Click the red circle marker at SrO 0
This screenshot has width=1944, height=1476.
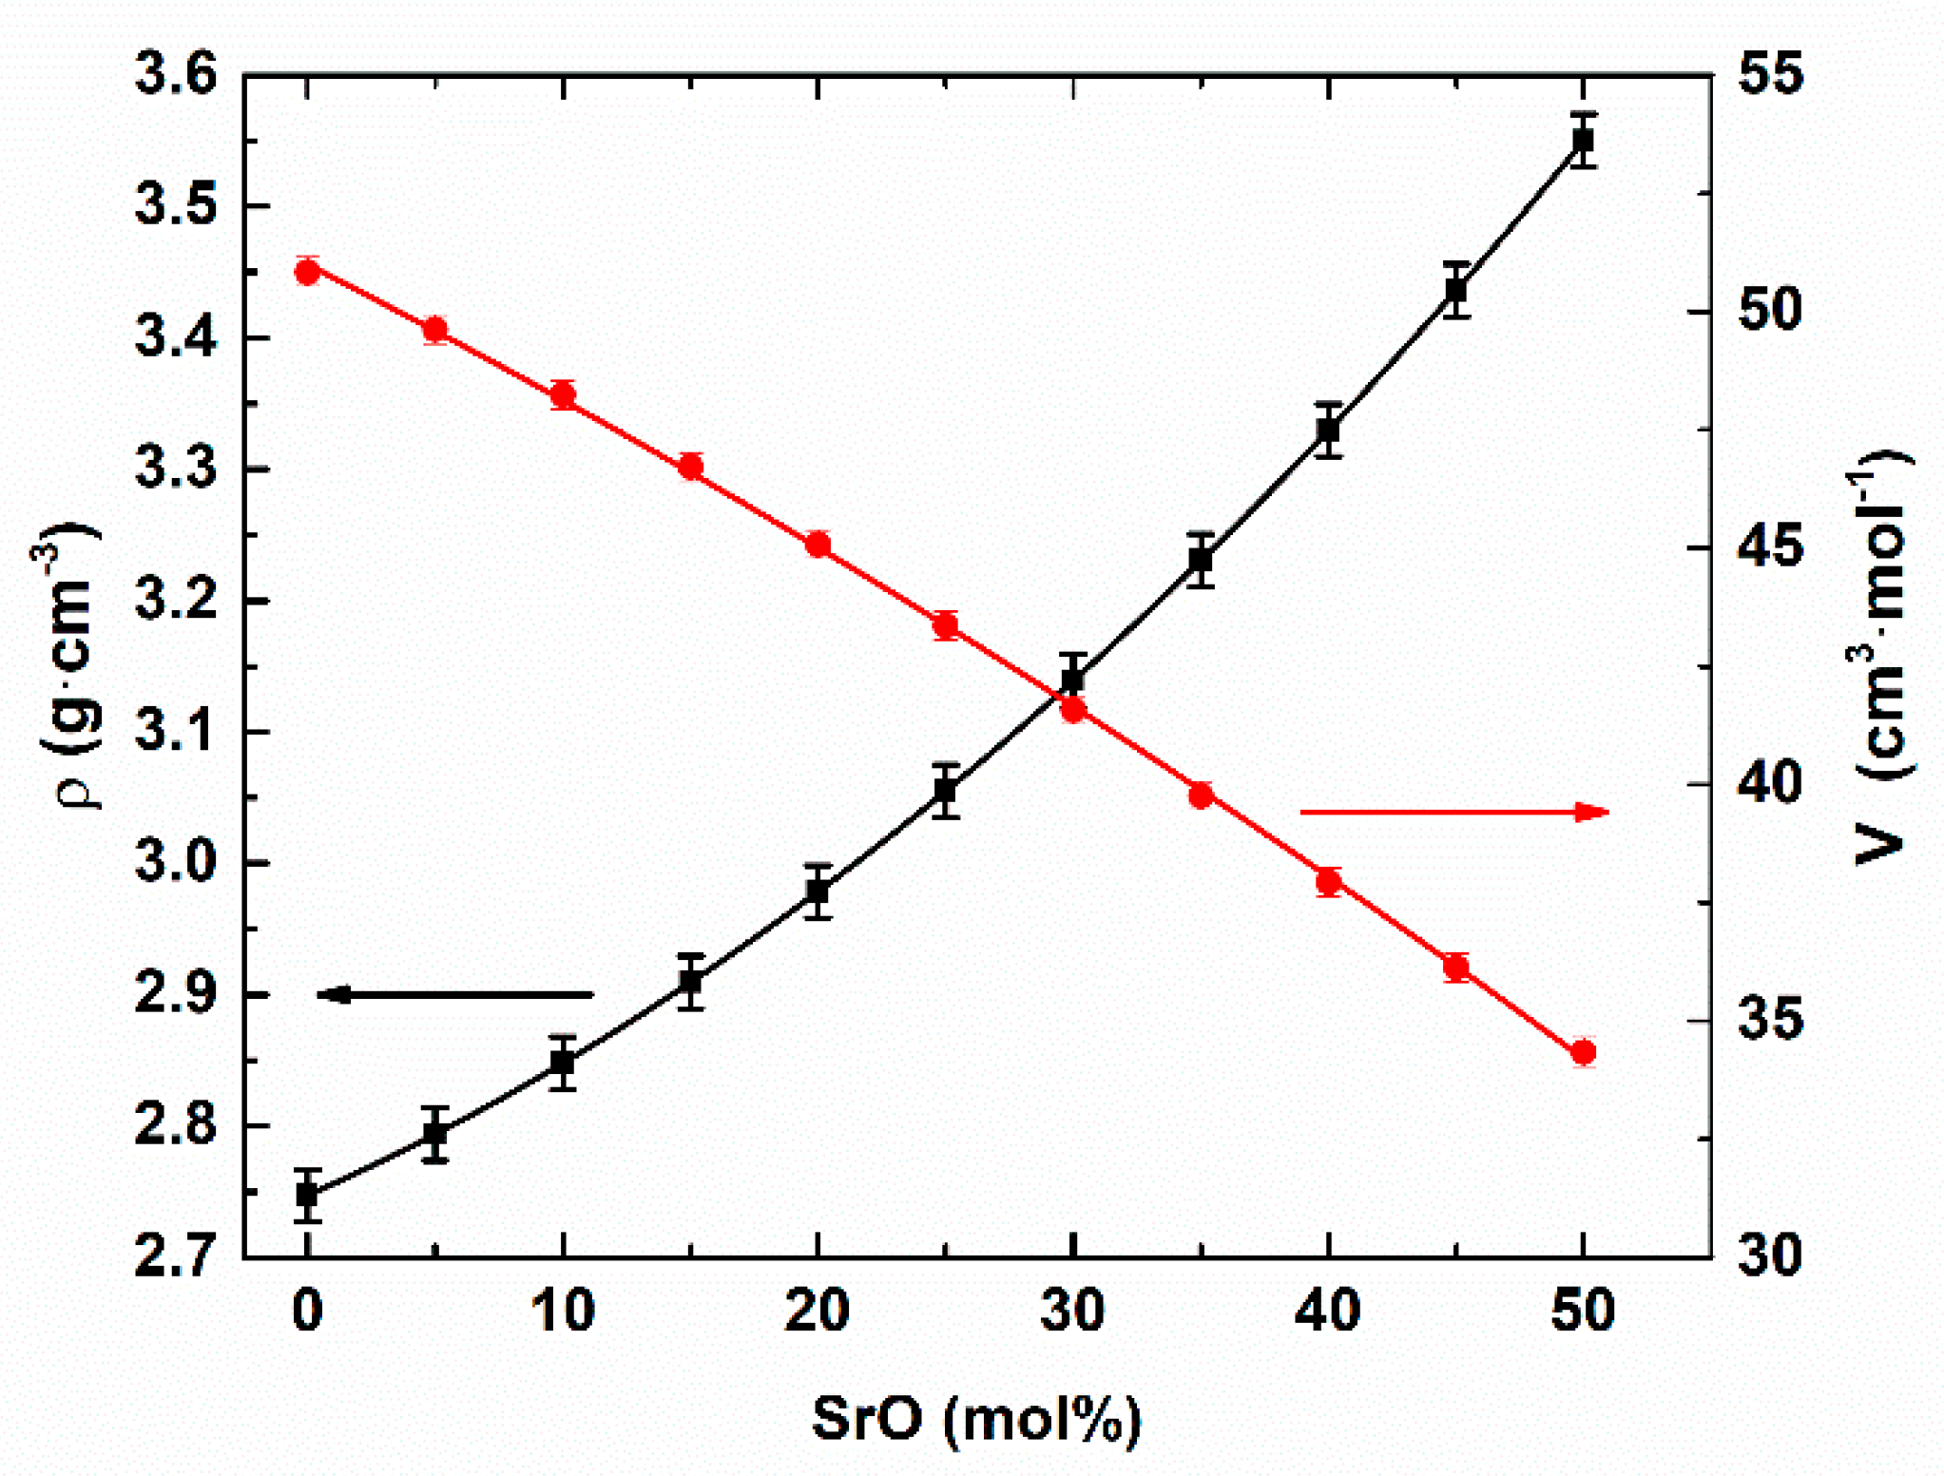306,272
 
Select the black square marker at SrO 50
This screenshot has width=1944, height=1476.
1582,141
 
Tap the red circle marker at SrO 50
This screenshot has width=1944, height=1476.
1583,1052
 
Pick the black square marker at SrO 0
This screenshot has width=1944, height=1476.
306,1195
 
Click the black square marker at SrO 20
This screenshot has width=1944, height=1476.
818,891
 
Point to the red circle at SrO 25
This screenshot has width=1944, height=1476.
945,625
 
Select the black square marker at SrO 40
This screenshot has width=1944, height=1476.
1328,431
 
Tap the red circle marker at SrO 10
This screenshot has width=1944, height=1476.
564,394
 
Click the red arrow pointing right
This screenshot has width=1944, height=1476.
1454,812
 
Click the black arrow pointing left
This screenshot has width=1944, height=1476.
454,995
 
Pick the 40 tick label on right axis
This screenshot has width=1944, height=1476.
1770,784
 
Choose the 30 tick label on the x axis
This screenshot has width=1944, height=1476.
1072,1311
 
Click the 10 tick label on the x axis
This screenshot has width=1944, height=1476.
563,1311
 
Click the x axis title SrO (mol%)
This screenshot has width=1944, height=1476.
976,1419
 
